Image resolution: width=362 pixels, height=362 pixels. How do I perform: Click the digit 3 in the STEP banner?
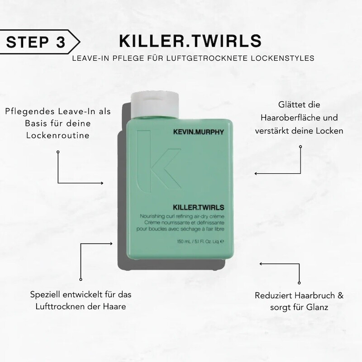point(61,42)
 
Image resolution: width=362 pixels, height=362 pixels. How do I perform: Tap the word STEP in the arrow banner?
point(28,42)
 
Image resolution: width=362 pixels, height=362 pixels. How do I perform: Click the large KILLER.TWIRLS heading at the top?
point(190,41)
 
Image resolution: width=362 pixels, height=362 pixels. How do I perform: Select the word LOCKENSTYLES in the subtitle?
point(282,58)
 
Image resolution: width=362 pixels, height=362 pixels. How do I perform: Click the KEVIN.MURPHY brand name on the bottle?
point(198,132)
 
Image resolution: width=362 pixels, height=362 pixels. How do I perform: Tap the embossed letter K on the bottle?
point(159,162)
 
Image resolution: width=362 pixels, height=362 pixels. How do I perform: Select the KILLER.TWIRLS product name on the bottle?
point(198,207)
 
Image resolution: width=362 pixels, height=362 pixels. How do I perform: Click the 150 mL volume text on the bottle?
point(184,242)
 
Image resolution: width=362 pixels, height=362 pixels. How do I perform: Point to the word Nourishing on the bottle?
point(151,216)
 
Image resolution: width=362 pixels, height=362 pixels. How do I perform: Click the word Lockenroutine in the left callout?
point(58,135)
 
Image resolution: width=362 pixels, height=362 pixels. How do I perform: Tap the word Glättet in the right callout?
point(288,105)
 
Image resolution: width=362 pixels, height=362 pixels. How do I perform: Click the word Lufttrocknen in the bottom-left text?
point(60,306)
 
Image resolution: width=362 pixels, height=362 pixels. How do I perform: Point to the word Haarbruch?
point(314,295)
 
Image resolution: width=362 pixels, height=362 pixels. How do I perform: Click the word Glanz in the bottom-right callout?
point(317,307)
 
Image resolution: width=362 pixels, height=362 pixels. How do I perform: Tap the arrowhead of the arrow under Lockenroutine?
point(102,183)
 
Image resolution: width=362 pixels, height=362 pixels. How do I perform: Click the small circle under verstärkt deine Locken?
point(300,147)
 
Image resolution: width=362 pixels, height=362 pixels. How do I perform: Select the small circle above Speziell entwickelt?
point(81,279)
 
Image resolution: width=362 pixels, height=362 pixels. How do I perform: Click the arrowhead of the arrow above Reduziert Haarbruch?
point(261,264)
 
